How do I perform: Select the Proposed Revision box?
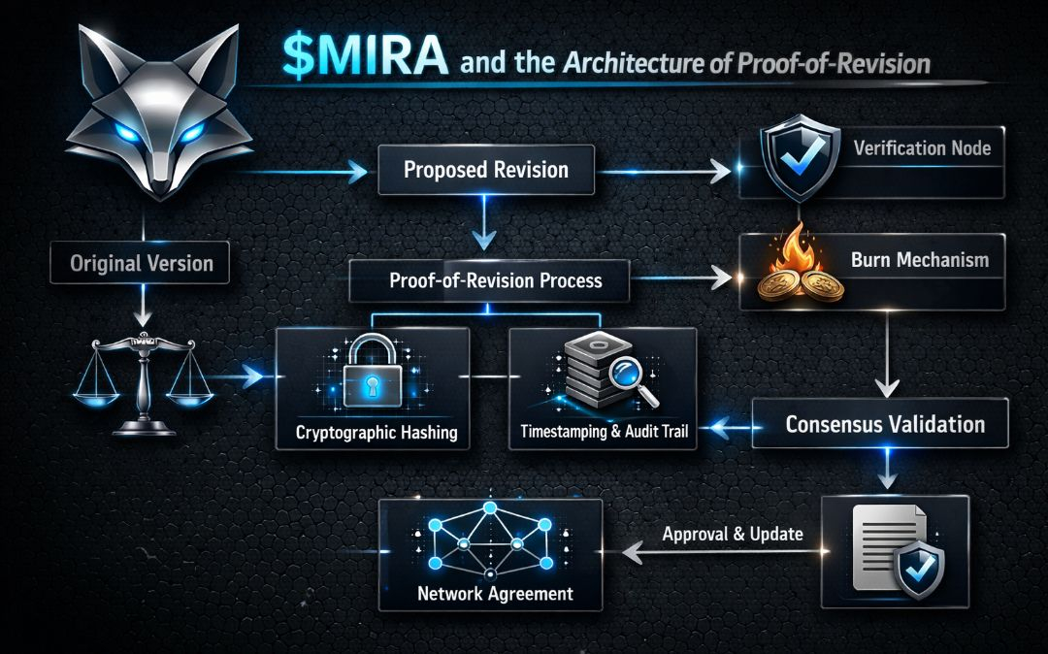click(x=485, y=170)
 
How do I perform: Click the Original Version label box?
click(x=142, y=263)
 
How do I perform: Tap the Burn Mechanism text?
click(x=920, y=260)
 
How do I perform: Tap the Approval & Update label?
click(x=733, y=534)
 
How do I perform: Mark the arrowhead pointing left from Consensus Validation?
click(x=720, y=425)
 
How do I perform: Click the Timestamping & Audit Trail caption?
click(x=604, y=431)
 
